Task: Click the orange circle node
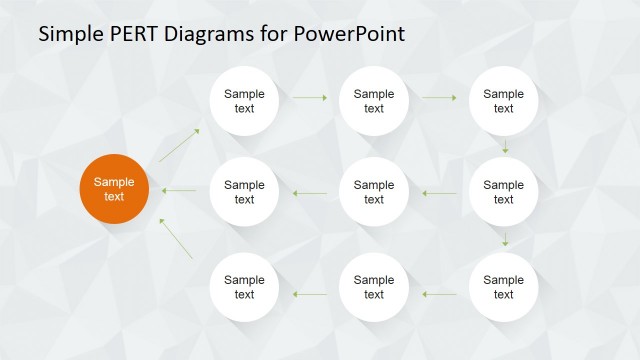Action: (114, 189)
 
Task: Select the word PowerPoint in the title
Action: (349, 34)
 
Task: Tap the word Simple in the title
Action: (71, 34)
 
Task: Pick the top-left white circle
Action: (244, 101)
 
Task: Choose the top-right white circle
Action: (503, 101)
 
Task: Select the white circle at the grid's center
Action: (374, 191)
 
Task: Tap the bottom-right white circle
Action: (503, 287)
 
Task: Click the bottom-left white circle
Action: (244, 287)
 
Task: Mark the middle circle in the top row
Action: (374, 101)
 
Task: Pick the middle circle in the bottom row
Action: (374, 287)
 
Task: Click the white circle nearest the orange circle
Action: (244, 191)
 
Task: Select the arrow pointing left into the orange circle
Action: (179, 191)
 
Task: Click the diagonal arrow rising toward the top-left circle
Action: (179, 145)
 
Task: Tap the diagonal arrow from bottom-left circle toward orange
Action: (176, 240)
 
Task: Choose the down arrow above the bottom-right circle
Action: (505, 238)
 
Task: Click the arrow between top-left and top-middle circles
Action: (310, 98)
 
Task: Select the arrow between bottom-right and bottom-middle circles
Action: (439, 294)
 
